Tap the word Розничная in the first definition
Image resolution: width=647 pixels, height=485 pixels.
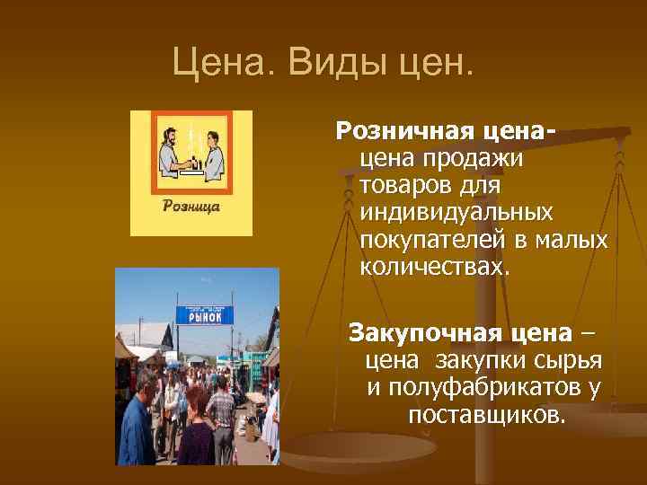[x=399, y=132]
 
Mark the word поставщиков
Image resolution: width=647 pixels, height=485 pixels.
[x=486, y=416]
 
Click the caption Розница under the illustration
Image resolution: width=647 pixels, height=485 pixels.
[x=191, y=206]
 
